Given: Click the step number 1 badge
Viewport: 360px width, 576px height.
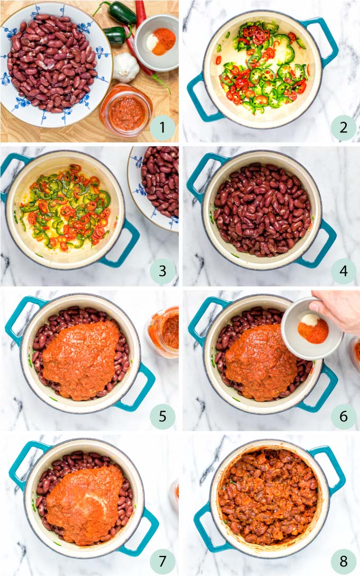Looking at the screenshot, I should tap(162, 128).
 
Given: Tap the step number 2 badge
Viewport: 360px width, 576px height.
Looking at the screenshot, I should tap(344, 128).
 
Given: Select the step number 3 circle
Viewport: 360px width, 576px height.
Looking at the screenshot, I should tap(162, 272).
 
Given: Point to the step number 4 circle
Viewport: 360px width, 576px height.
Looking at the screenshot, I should tap(344, 272).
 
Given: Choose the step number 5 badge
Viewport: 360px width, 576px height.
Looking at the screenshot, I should tap(162, 416).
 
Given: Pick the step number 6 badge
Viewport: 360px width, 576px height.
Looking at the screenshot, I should tap(344, 416).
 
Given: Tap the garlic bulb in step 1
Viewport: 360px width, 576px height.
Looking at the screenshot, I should tap(125, 67).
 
